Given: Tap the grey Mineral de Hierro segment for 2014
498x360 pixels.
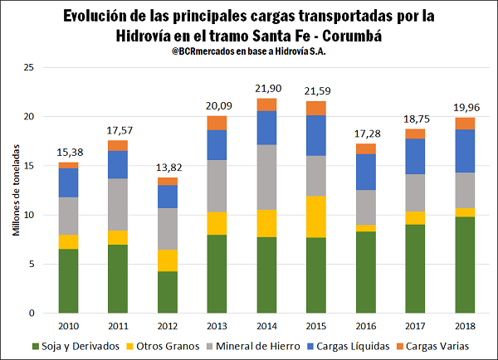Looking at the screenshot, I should [x=266, y=178].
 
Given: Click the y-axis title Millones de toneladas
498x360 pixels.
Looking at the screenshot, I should [x=16, y=188].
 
